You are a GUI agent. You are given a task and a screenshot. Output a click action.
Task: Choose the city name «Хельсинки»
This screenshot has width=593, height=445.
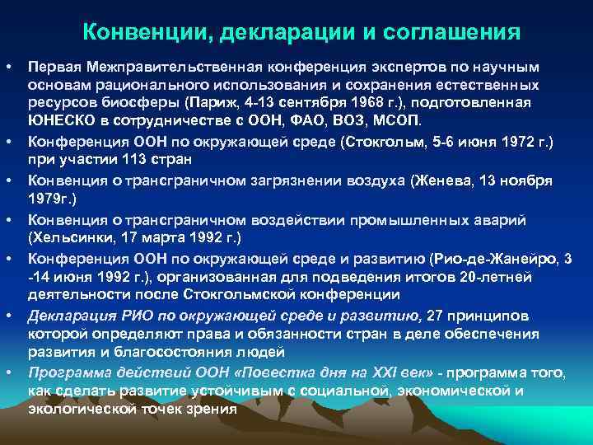pos(69,238)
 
